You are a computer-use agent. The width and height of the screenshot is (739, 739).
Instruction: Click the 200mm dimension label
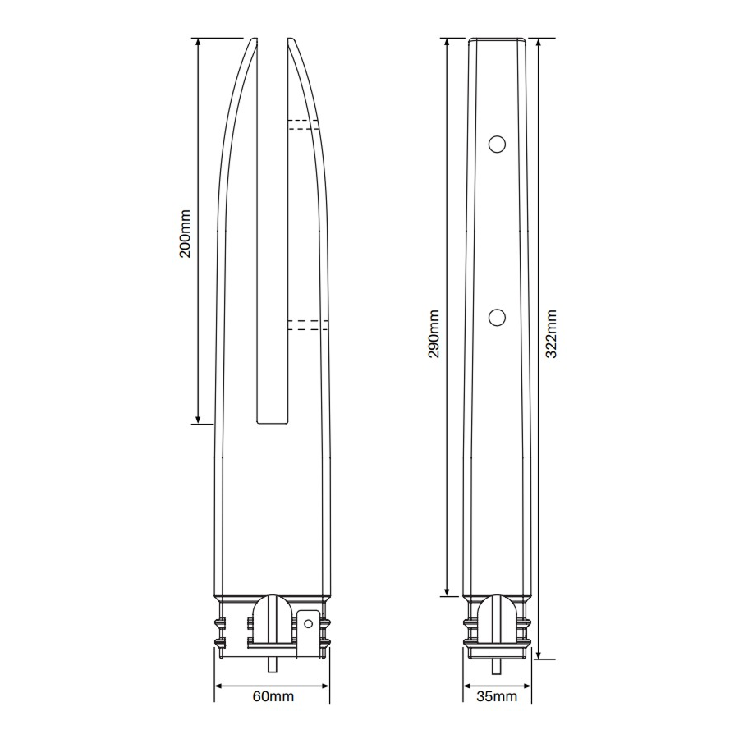point(186,234)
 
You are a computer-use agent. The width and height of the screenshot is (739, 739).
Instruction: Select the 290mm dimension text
point(434,333)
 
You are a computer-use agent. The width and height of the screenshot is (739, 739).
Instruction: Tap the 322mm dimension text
point(551,333)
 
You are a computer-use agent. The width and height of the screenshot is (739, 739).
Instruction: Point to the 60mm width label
point(273,696)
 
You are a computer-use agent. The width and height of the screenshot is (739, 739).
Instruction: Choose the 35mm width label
point(497,696)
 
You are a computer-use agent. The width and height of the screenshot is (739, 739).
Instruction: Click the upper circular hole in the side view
point(497,145)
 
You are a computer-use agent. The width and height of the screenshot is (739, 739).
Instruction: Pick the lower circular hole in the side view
point(497,317)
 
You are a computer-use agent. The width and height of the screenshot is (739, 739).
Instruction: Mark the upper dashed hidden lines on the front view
point(303,125)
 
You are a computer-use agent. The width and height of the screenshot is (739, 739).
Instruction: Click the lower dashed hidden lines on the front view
point(308,325)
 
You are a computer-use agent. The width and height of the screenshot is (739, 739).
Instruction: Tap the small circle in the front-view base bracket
point(308,624)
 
